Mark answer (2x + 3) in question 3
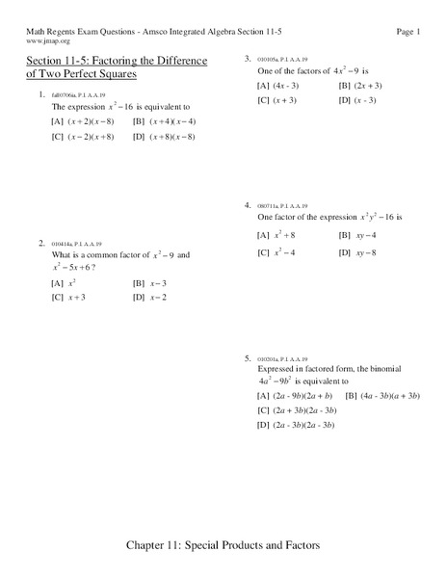360,85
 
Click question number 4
249,205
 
